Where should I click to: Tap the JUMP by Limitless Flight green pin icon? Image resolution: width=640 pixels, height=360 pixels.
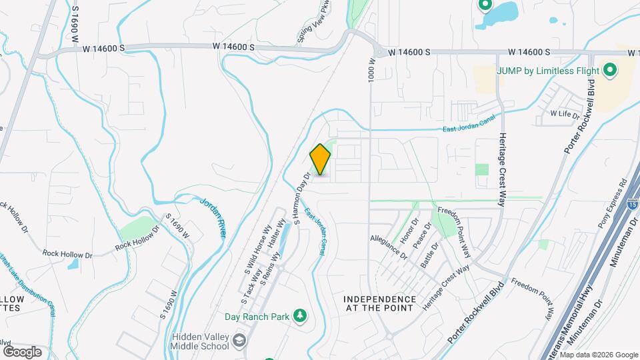[x=609, y=70]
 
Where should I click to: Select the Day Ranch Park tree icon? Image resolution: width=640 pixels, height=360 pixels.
[x=300, y=315]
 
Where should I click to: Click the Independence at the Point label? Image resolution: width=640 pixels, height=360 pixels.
[x=380, y=304]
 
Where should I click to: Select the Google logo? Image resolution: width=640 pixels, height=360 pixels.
[x=22, y=351]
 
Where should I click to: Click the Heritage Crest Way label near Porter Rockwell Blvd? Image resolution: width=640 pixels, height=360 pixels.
[x=447, y=287]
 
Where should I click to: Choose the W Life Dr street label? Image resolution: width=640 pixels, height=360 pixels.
[x=565, y=114]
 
